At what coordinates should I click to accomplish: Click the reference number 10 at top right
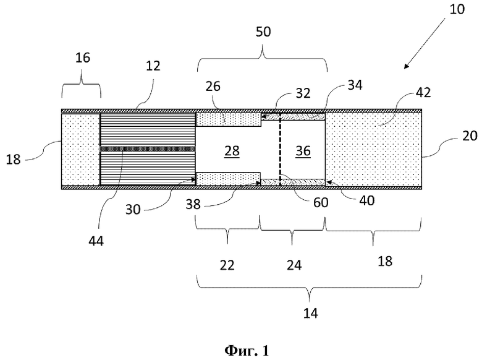457,9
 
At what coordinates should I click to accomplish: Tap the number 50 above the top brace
263,32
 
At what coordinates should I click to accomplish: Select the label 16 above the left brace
83,58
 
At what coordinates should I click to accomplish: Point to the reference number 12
153,66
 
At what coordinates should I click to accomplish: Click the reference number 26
213,87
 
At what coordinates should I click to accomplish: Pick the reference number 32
303,93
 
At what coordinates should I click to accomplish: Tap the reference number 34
355,85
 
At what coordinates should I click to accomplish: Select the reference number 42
423,92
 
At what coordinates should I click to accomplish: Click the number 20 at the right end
470,135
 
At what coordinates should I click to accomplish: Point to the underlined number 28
232,151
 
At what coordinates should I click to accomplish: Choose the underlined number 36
303,151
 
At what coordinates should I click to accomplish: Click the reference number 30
133,210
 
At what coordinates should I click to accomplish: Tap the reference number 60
321,202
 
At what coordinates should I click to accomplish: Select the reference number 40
366,200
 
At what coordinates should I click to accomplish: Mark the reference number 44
96,241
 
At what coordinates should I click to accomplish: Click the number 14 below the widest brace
310,313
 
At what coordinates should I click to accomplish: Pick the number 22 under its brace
227,265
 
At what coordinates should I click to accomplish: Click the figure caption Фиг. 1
247,351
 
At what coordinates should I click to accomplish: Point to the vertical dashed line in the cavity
280,149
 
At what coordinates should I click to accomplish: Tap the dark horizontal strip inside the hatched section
148,149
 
